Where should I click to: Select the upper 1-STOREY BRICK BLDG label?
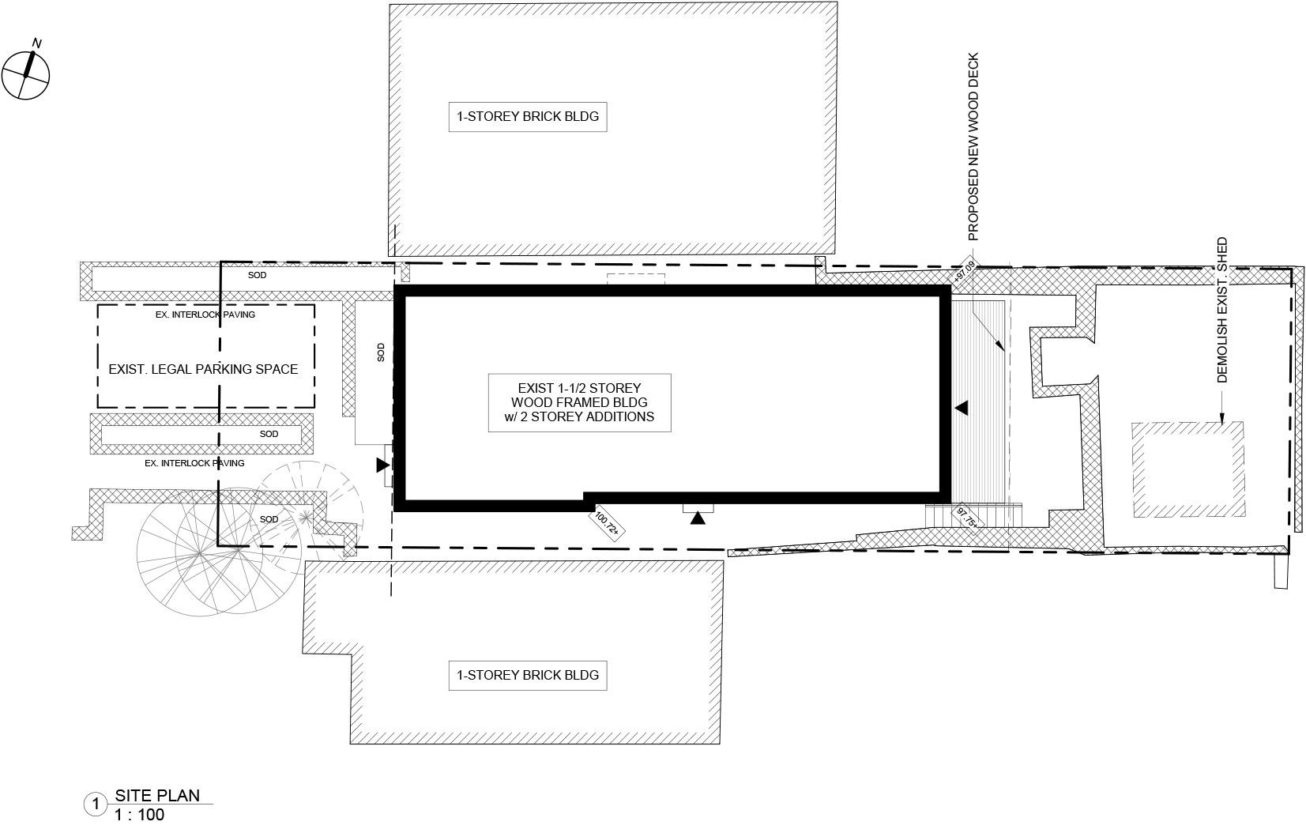pos(528,117)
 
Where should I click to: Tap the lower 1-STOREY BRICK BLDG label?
pos(528,675)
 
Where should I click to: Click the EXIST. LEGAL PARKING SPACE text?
pos(203,369)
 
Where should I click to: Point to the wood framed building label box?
pos(580,402)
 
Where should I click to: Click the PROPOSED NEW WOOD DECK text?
pos(973,147)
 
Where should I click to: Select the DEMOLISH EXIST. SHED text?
pos(1222,310)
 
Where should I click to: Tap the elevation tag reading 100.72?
pos(606,523)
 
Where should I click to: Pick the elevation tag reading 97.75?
pos(968,518)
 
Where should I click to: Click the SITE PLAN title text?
pos(157,795)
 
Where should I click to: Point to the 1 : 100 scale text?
pos(139,815)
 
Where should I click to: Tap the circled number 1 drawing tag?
pos(96,805)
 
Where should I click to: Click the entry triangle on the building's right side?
pos(961,408)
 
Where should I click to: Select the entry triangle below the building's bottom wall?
pos(698,518)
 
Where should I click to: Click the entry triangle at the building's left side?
pos(383,465)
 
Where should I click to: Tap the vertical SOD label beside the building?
pos(381,352)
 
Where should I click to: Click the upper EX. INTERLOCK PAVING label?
pos(205,315)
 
